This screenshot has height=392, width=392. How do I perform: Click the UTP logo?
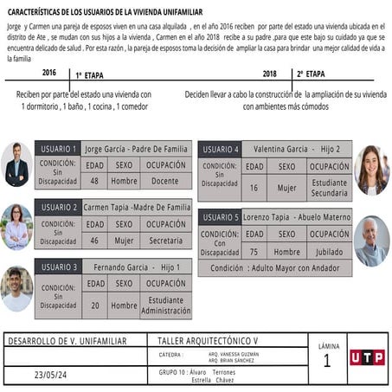367,357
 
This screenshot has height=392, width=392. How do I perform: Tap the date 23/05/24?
50,375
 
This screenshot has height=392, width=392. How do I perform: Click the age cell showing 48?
94,181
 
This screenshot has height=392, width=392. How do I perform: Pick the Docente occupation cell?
164,181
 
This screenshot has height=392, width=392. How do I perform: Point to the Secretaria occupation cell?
164,241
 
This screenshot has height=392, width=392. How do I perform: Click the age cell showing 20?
94,305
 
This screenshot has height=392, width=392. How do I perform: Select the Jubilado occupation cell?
329,252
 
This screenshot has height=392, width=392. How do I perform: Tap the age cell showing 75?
254,252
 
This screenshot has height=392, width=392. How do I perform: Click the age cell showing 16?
254,187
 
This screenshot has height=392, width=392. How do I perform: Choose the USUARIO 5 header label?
220,217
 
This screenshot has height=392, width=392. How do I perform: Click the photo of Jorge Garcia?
16,164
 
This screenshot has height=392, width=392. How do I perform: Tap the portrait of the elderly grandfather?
371,240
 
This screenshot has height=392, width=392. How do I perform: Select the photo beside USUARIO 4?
371,170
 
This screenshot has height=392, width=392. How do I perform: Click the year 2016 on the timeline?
48,73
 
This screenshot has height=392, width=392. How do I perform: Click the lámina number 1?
326,362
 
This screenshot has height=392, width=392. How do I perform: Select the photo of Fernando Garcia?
16,288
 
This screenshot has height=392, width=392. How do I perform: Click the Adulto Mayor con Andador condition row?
274,268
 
